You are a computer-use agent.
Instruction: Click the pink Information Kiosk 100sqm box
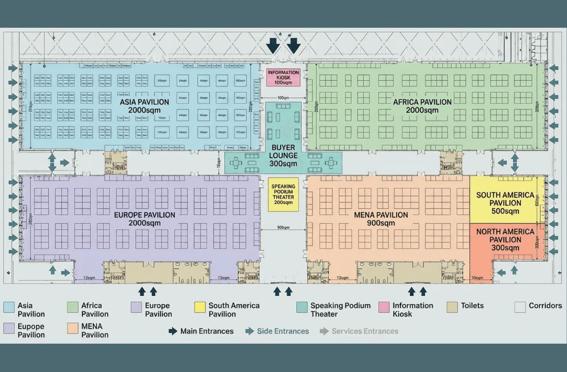[x=283, y=77]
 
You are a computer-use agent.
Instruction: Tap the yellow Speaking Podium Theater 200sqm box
[x=283, y=194]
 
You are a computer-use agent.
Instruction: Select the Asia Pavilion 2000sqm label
[x=144, y=106]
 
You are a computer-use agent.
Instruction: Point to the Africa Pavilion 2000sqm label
[x=422, y=106]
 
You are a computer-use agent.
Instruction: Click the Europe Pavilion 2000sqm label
[x=144, y=219]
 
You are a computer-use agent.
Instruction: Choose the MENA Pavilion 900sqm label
[x=381, y=219]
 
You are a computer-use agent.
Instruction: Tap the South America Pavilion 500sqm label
[x=505, y=203]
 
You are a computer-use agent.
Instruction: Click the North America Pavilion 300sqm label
[x=505, y=239]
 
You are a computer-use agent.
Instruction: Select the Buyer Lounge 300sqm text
[x=283, y=156]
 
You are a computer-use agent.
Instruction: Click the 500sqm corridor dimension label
[x=283, y=228]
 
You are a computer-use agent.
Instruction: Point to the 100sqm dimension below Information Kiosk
[x=283, y=98]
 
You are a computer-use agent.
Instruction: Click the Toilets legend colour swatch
[x=452, y=307]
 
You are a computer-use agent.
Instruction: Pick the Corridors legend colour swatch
[x=520, y=307]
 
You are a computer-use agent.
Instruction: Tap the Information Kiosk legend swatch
[x=384, y=307]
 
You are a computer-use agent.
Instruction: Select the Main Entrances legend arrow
[x=173, y=331]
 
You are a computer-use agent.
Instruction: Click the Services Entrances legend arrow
[x=324, y=331]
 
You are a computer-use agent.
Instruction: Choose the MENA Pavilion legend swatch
[x=73, y=328]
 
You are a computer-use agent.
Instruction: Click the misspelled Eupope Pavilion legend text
[x=31, y=331]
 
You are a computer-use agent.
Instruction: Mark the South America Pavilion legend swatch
[x=200, y=307]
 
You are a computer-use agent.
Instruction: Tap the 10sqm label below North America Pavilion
[x=478, y=278]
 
